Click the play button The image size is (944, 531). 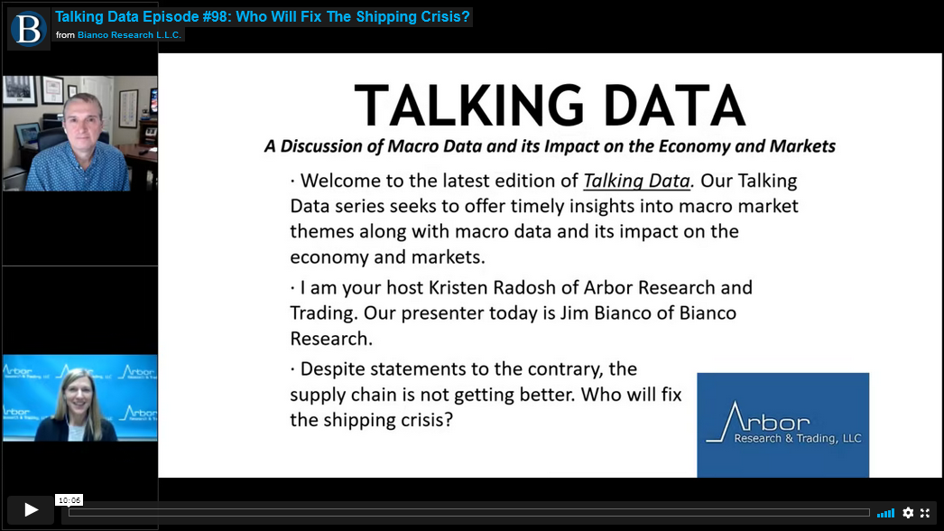coord(31,510)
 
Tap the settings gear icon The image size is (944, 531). coord(908,513)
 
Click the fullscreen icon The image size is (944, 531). coord(925,513)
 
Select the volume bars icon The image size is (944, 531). coord(885,514)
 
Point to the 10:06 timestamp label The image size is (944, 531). coord(69,500)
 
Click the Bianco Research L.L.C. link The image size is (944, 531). coord(129,35)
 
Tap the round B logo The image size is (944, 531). coord(29,29)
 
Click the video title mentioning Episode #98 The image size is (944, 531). coord(262,16)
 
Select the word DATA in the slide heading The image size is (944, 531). coord(675,106)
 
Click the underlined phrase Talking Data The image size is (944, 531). coord(636,181)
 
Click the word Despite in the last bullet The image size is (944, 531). coord(332,369)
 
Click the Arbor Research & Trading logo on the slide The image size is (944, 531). coord(782,425)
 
